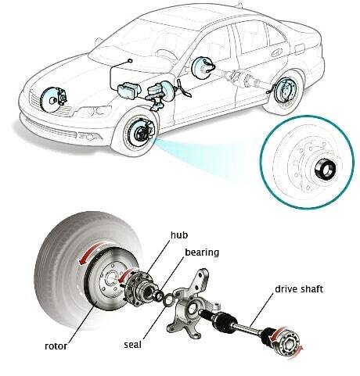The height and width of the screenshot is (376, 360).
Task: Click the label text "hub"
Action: point(179,235)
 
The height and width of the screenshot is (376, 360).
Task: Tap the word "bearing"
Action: point(202,252)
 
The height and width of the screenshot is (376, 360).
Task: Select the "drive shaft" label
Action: point(299,289)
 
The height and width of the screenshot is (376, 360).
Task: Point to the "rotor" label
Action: point(56,346)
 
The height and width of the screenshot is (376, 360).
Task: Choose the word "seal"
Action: point(132,345)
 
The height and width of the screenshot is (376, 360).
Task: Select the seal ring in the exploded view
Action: point(168,299)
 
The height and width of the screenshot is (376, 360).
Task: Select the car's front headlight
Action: point(93,112)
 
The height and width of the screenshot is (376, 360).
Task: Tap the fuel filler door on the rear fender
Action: point(300,48)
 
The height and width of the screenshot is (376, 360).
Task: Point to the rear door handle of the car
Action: point(276,53)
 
